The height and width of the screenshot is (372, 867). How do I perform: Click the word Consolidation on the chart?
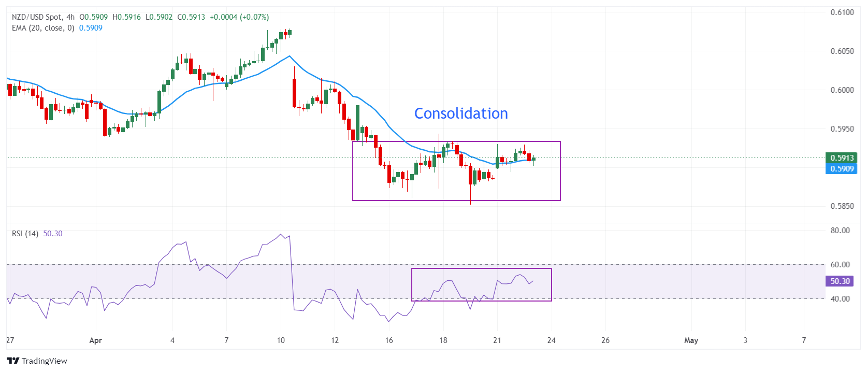(461, 113)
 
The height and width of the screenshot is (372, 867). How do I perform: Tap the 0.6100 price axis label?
(842, 12)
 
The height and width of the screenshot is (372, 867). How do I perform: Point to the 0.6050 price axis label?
(842, 51)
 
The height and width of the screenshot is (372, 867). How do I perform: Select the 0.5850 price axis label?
(842, 206)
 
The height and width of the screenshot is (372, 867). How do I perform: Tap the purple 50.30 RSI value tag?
(840, 281)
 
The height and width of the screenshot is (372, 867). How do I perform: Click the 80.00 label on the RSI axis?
(840, 231)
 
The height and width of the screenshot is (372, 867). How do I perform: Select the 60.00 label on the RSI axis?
(840, 265)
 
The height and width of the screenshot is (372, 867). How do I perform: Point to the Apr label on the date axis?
(96, 340)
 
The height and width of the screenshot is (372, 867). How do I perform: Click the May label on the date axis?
(691, 340)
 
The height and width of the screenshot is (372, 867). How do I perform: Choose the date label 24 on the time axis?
(552, 340)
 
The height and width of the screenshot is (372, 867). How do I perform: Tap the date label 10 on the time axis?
(281, 340)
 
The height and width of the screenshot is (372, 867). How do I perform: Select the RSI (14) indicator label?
(25, 234)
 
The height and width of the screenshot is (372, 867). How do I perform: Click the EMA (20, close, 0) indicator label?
(43, 28)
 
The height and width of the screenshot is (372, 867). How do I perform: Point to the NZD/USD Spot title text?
(36, 17)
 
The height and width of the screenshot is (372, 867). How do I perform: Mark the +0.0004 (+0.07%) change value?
(239, 17)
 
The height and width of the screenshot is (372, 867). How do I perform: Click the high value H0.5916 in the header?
(126, 17)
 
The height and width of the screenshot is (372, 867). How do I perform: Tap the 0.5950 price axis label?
(842, 129)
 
